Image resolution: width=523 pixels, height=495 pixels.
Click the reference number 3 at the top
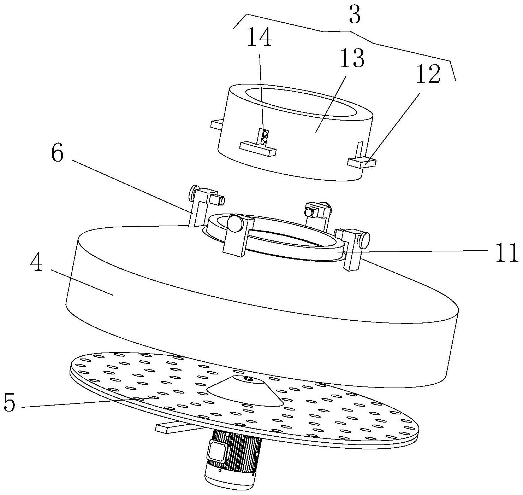click(355, 16)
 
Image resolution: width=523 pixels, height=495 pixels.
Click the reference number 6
click(58, 154)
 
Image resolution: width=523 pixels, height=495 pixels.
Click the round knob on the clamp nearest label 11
click(364, 237)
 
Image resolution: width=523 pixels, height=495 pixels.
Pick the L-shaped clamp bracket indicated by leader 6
click(203, 205)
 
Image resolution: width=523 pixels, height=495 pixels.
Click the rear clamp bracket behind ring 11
click(318, 213)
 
